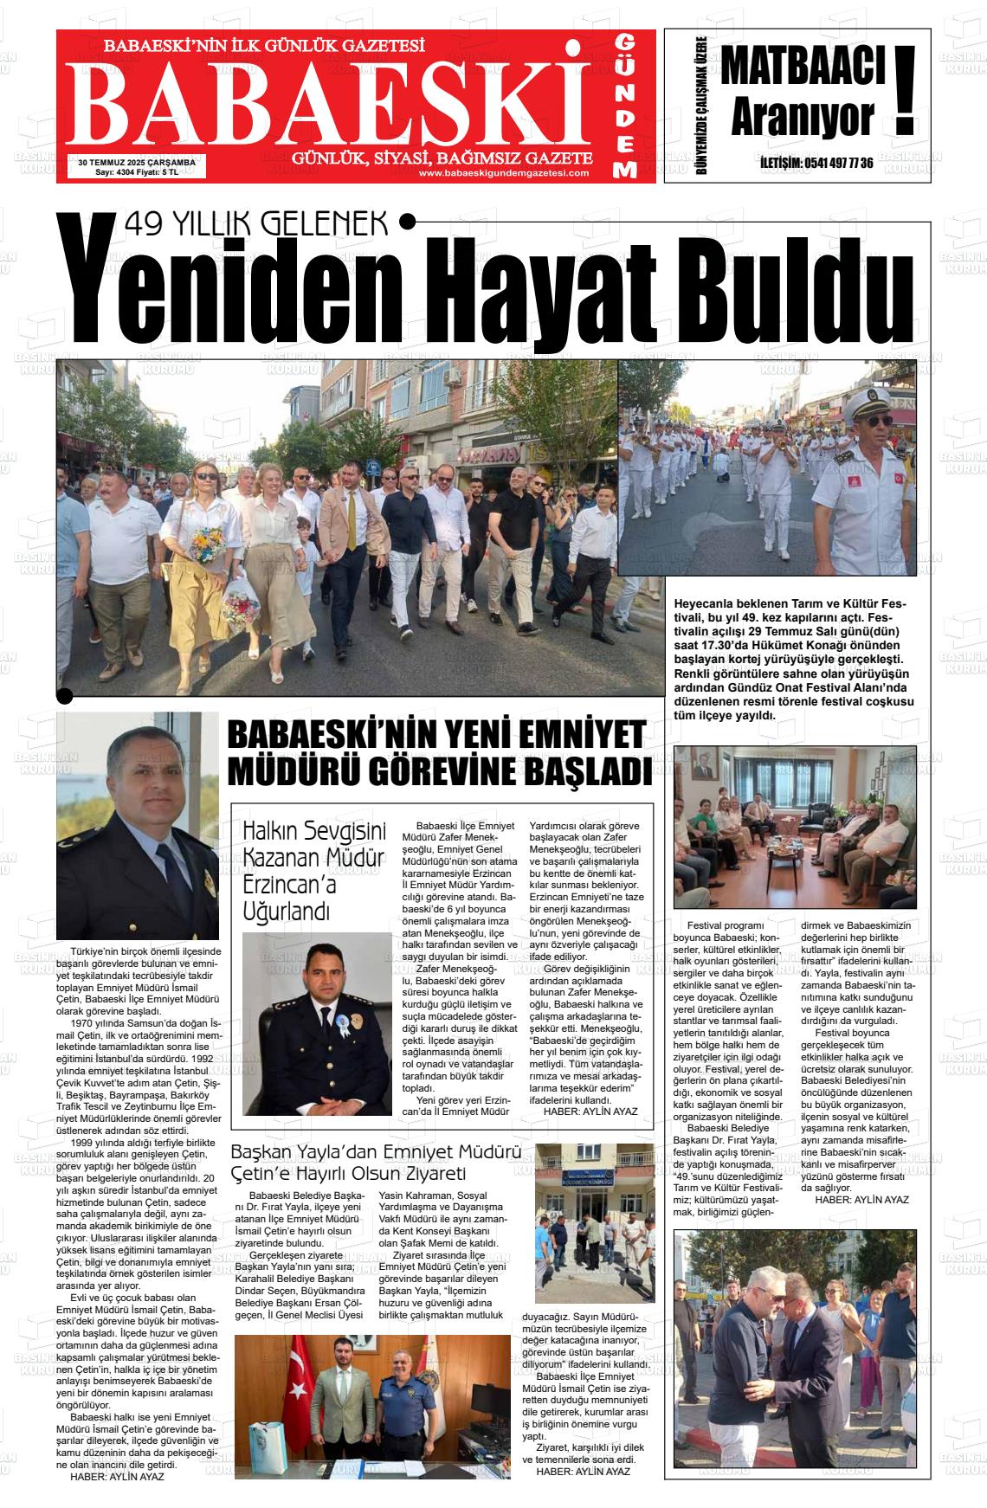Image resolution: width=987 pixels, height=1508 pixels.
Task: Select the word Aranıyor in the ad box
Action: click(801, 120)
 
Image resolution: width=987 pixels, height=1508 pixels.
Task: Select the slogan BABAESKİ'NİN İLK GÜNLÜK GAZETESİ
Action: click(263, 46)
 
